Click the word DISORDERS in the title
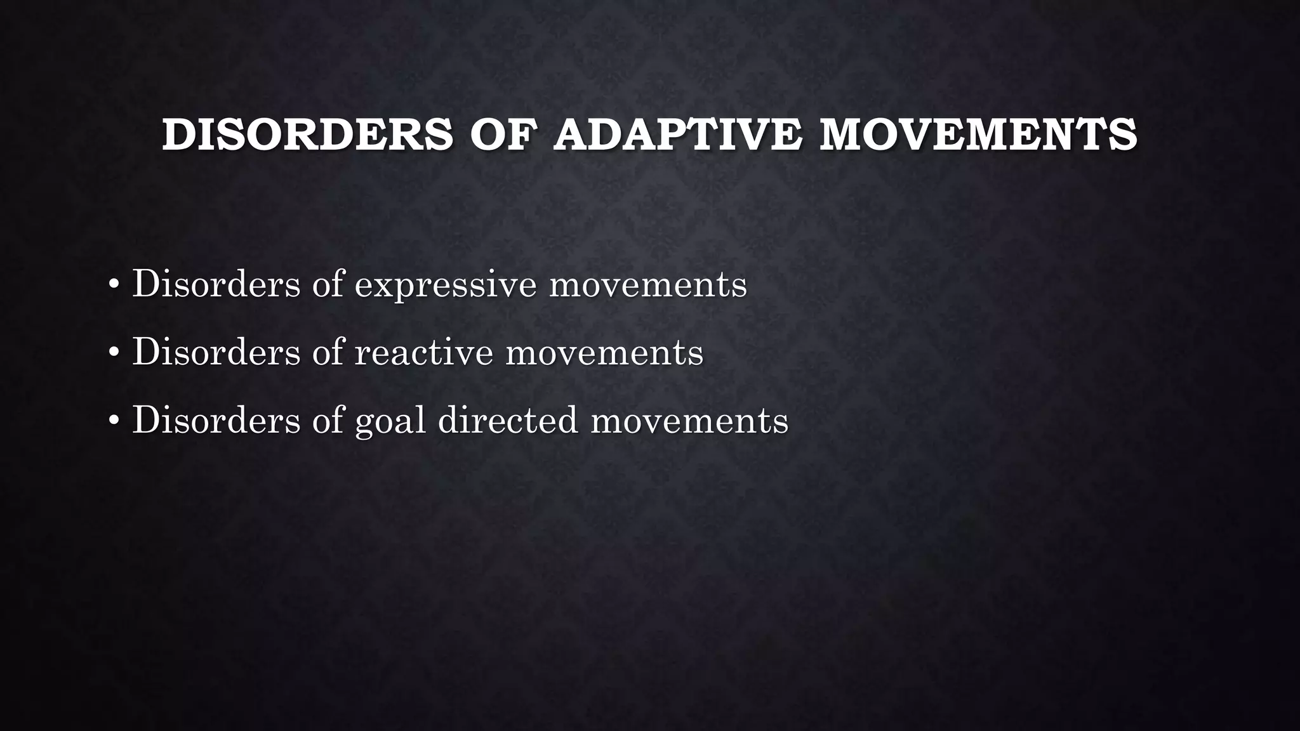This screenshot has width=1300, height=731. (x=307, y=135)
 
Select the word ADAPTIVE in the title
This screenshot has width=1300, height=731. (x=677, y=135)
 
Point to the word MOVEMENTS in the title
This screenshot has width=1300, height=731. (x=978, y=135)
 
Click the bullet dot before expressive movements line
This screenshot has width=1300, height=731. (x=114, y=285)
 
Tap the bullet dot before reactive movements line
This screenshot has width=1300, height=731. (x=114, y=353)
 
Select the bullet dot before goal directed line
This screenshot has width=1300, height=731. (x=114, y=421)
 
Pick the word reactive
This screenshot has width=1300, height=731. (x=423, y=353)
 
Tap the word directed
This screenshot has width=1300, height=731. (x=508, y=421)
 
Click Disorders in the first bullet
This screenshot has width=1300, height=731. (x=216, y=284)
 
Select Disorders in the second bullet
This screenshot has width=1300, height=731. (x=216, y=352)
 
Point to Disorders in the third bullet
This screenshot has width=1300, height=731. (x=216, y=419)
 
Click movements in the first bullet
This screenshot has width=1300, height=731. (x=648, y=285)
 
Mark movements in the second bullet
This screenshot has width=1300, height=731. (x=604, y=353)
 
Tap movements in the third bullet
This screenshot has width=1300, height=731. (x=689, y=421)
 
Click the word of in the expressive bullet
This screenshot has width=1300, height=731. (x=328, y=284)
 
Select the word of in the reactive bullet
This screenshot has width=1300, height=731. (x=328, y=352)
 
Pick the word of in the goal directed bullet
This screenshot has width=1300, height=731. (x=328, y=419)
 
